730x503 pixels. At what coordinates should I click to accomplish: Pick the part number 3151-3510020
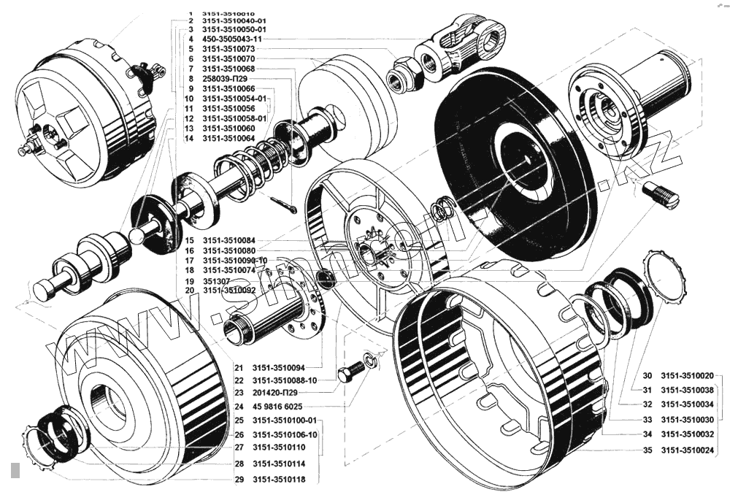[x=688, y=375]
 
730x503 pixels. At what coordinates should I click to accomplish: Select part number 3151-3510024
[x=688, y=450]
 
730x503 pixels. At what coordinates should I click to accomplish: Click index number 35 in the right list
[x=648, y=450]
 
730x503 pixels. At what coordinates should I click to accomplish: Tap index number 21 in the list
[x=239, y=367]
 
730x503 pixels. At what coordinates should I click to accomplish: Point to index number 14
[x=188, y=138]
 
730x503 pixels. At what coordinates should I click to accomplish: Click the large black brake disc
[x=511, y=161]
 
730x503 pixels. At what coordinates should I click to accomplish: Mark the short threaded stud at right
[x=661, y=193]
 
